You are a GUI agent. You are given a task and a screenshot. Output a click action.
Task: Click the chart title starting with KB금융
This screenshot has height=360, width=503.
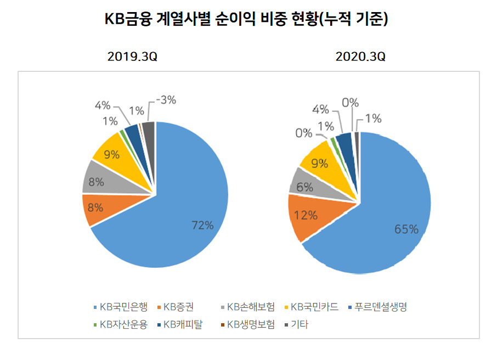coord(246,19)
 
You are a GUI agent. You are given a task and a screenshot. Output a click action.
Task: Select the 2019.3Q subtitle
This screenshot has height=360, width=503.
coord(132,57)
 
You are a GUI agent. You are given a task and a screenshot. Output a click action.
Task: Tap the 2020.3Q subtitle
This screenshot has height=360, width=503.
coord(360,57)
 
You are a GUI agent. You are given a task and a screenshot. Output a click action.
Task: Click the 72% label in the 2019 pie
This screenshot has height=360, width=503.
coord(203,225)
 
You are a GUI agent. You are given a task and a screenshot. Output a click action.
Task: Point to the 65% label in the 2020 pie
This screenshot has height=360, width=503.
coord(406,229)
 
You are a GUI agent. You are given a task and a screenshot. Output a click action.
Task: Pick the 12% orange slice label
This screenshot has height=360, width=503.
coord(306,215)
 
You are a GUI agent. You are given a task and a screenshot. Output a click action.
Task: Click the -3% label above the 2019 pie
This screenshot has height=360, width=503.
coord(166,100)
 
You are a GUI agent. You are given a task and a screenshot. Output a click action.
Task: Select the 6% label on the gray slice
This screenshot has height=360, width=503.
coord(305,187)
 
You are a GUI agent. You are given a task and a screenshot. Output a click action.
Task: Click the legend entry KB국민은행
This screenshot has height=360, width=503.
coord(120,307)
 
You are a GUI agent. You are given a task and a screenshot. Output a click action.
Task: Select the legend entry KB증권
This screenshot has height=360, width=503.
coord(176,307)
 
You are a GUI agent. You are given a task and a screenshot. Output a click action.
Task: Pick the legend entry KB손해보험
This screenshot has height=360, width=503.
coord(247,307)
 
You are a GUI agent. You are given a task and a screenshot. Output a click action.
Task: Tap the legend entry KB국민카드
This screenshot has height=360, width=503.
coord(312,307)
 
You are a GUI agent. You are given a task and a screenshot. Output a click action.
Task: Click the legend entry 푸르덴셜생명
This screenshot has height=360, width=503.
coord(377,307)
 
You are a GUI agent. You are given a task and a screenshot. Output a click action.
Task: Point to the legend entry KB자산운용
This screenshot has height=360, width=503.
coord(120,324)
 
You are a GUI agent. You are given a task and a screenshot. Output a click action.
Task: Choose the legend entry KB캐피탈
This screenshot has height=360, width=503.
coord(180,324)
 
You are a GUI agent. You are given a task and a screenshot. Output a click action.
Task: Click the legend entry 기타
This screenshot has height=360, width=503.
coord(296,324)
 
